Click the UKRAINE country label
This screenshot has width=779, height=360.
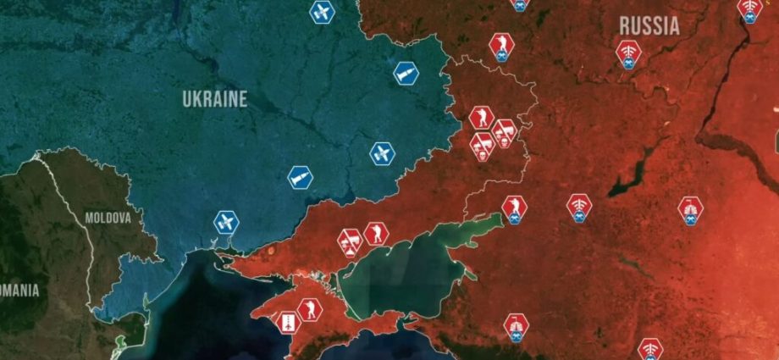(x=215, y=99)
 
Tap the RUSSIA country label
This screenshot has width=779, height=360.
(x=649, y=26)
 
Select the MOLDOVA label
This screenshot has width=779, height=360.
(x=108, y=218)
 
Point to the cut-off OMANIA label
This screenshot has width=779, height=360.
(x=19, y=291)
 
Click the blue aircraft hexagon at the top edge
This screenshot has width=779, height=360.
(x=322, y=12)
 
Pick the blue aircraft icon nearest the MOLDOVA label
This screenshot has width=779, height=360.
(x=226, y=223)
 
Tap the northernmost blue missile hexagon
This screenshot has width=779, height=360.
(x=406, y=73)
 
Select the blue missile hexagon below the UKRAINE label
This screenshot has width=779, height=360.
(x=300, y=177)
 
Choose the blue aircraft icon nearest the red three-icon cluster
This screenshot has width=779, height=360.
(x=382, y=154)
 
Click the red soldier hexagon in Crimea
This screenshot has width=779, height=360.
(x=310, y=311)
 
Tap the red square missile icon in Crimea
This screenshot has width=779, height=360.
(x=288, y=322)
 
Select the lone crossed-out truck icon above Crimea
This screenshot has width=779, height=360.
(x=350, y=241)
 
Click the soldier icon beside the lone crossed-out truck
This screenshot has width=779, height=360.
(x=375, y=233)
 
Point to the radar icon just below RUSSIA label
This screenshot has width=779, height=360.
(x=628, y=53)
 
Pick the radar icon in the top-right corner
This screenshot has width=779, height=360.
(x=749, y=8)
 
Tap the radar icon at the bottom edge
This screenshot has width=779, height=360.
(x=650, y=348)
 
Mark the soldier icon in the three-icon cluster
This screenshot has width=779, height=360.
(x=483, y=119)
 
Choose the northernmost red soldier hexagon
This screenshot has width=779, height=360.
(x=501, y=44)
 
